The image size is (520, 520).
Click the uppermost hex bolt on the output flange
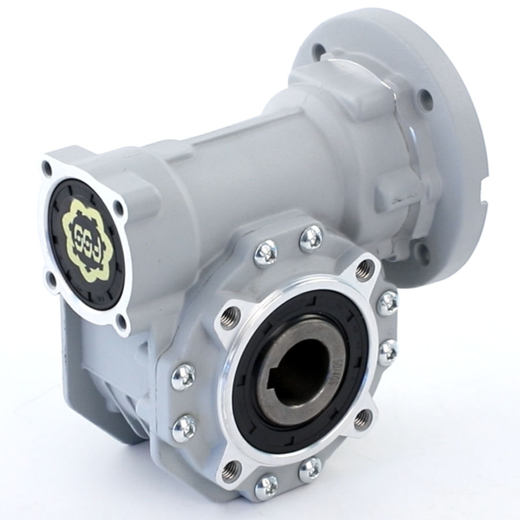pos(310,237)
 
